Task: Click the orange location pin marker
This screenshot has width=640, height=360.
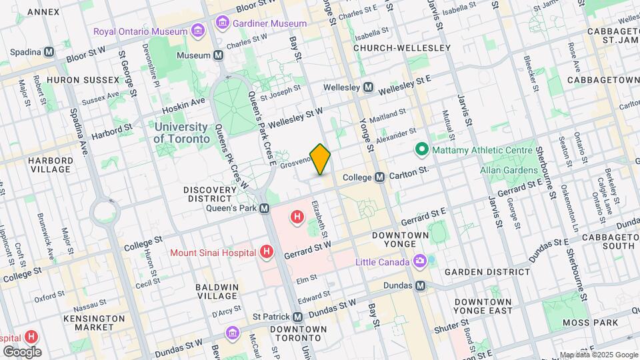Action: click(321, 159)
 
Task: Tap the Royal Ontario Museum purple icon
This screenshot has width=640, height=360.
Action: click(197, 31)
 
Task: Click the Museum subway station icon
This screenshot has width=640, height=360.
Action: click(218, 55)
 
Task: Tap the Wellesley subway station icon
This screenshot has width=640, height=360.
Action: click(368, 87)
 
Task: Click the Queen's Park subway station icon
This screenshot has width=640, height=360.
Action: click(265, 208)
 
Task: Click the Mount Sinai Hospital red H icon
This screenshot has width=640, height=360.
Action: click(267, 252)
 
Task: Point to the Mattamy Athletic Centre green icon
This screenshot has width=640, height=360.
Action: click(421, 149)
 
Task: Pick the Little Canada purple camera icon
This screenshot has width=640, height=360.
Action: click(419, 261)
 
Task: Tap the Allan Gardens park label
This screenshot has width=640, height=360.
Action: click(505, 169)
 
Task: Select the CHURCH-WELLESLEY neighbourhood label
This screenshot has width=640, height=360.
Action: click(401, 48)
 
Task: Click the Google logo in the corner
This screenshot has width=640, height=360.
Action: click(22, 351)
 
